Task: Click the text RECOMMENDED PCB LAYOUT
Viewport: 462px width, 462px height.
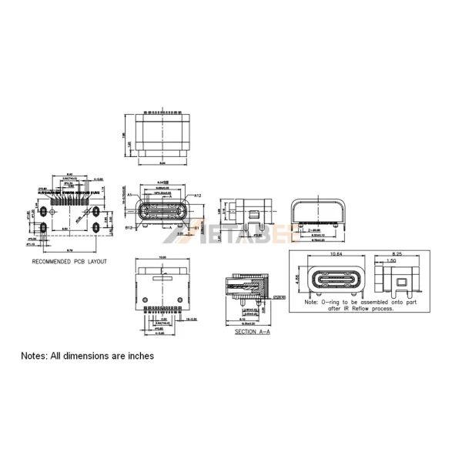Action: (x=69, y=262)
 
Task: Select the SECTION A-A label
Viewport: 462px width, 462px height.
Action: (x=252, y=331)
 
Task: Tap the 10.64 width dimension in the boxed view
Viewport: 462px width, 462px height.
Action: (x=336, y=255)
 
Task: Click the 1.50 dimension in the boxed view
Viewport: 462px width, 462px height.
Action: (x=391, y=263)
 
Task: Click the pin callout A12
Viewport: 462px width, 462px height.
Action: (x=199, y=196)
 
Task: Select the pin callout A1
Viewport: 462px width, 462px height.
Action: (x=132, y=196)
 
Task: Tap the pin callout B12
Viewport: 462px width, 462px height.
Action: (x=130, y=228)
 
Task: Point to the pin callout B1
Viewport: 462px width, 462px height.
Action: (x=198, y=229)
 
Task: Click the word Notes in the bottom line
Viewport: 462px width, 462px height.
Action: (x=35, y=356)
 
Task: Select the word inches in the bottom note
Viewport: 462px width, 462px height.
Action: (x=140, y=356)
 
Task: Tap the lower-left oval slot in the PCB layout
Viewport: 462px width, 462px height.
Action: (x=45, y=229)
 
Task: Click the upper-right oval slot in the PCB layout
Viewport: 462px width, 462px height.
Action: (x=97, y=210)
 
